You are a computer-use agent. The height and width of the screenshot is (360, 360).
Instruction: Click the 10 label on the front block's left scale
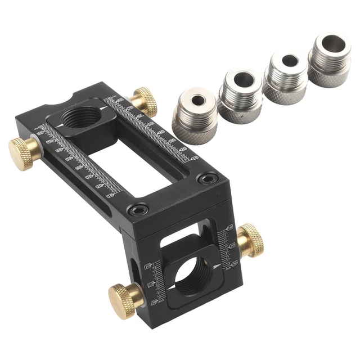click(148, 265)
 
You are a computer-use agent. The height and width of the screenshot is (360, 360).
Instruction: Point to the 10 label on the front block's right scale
click(229, 228)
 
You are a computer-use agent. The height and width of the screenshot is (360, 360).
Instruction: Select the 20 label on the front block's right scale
click(232, 245)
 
